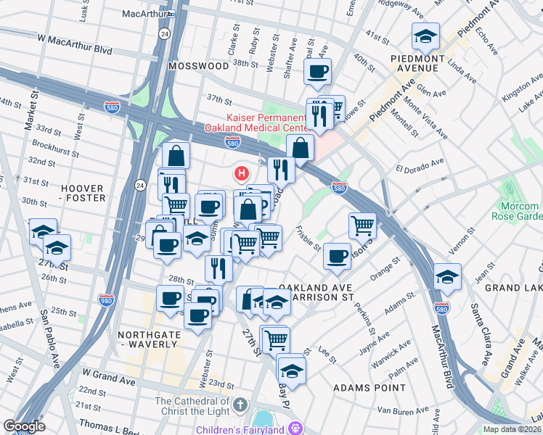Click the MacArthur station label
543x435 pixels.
pyautogui.click(x=142, y=13)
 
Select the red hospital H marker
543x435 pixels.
pyautogui.click(x=241, y=174)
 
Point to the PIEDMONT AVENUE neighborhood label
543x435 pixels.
pyautogui.click(x=414, y=63)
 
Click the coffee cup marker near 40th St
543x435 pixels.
pyautogui.click(x=318, y=72)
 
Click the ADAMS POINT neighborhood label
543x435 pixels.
pyautogui.click(x=369, y=388)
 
